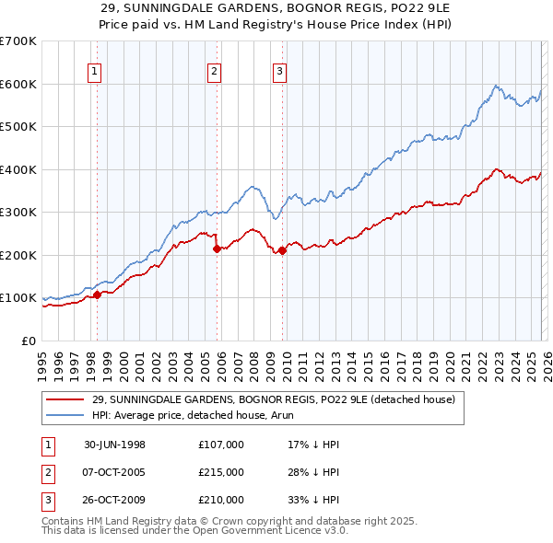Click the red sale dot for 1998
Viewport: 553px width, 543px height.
[x=97, y=295]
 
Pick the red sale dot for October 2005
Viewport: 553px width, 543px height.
[x=217, y=248]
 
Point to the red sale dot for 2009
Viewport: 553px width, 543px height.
[x=283, y=250]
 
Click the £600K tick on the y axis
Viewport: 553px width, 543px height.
[x=18, y=84]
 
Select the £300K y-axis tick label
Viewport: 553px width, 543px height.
[x=18, y=213]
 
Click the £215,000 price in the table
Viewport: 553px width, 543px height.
[x=221, y=472]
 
